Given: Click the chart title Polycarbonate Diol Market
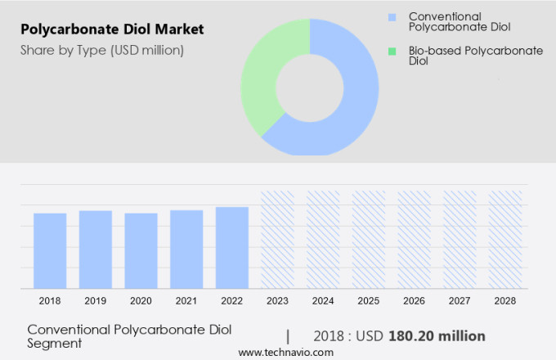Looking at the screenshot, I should click(112, 30).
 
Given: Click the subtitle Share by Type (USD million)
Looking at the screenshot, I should click(102, 50).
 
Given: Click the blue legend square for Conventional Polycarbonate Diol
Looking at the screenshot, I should click(392, 17).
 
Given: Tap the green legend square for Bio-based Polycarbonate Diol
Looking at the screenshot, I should click(392, 51).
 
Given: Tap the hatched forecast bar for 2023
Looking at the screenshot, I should click(277, 239).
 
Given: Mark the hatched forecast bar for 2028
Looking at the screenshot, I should click(505, 239).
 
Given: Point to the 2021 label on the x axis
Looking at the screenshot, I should click(186, 301).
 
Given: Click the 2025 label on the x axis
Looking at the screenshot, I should click(369, 301).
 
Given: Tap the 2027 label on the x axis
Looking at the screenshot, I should click(460, 301).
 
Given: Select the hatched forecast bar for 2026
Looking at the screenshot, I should click(414, 239).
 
